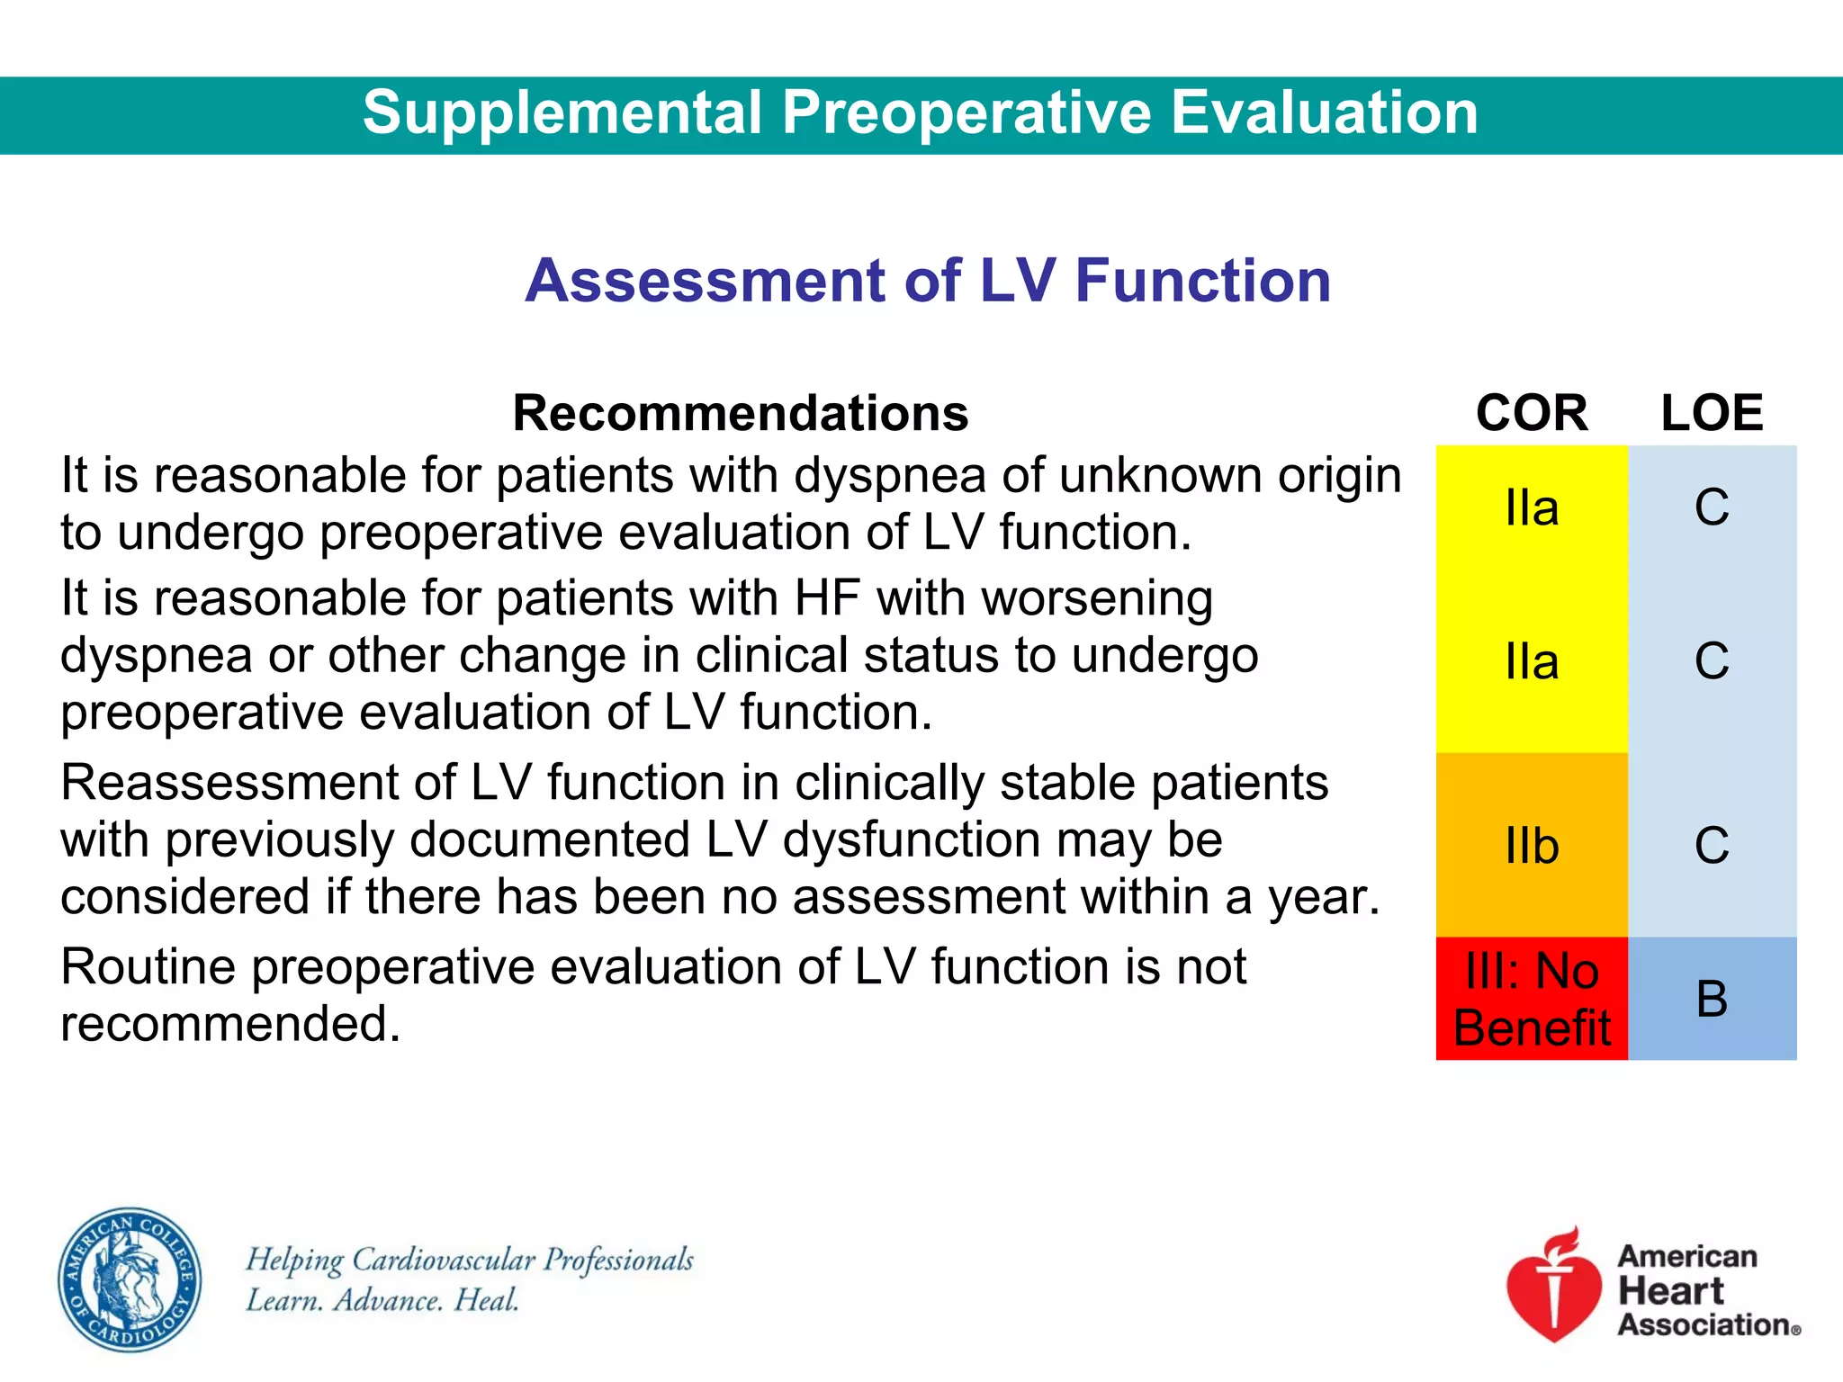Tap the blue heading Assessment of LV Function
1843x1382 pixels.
(928, 280)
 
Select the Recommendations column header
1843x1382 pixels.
(740, 413)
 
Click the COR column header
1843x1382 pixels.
(1532, 413)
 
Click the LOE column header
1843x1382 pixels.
(1712, 413)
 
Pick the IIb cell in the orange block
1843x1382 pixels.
(1532, 846)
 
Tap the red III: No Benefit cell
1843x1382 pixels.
(1532, 999)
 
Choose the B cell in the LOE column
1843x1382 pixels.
(1712, 999)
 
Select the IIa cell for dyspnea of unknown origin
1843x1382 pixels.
(1532, 507)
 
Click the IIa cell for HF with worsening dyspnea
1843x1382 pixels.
(1532, 661)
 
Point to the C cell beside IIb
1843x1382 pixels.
(1712, 846)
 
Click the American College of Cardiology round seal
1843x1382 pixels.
(130, 1279)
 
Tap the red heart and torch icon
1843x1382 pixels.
(1554, 1287)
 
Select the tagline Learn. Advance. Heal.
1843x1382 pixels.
(382, 1300)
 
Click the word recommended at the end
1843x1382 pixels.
(229, 1024)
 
